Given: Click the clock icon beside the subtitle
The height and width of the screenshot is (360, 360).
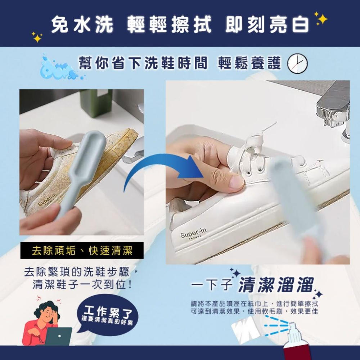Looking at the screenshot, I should point(297,63).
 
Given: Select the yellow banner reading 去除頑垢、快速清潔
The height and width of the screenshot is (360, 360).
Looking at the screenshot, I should point(82,251).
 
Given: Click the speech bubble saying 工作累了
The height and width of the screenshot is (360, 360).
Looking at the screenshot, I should point(107,314).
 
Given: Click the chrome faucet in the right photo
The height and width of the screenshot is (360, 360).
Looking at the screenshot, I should point(335,108).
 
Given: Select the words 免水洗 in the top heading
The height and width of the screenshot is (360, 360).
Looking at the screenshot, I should point(82,25).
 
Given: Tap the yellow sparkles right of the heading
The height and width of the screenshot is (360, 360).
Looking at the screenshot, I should point(321,19).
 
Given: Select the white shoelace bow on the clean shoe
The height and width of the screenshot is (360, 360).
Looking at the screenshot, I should point(252,144).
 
